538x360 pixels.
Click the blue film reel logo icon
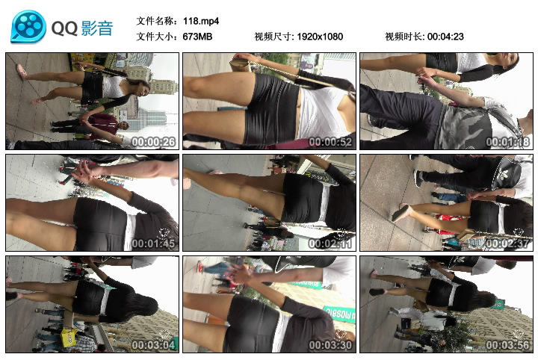(x=28, y=27)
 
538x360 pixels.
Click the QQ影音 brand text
(x=82, y=28)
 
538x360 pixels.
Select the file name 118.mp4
(x=201, y=21)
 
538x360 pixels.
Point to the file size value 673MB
(x=197, y=37)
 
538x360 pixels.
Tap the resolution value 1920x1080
(x=319, y=37)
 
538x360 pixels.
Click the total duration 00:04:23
(x=445, y=37)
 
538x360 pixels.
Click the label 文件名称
(x=157, y=21)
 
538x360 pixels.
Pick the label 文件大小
(x=157, y=37)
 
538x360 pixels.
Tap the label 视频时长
(x=403, y=37)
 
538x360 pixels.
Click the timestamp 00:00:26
(x=153, y=142)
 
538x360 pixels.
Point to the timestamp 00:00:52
(x=330, y=142)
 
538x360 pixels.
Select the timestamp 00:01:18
(x=507, y=142)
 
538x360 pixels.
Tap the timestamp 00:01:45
(x=153, y=243)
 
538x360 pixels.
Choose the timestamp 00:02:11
(x=330, y=243)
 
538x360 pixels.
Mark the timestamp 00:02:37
(x=507, y=243)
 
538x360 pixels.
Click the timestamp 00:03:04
(x=153, y=345)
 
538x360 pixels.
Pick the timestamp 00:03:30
(x=330, y=345)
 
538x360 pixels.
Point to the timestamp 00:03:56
(x=507, y=345)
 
